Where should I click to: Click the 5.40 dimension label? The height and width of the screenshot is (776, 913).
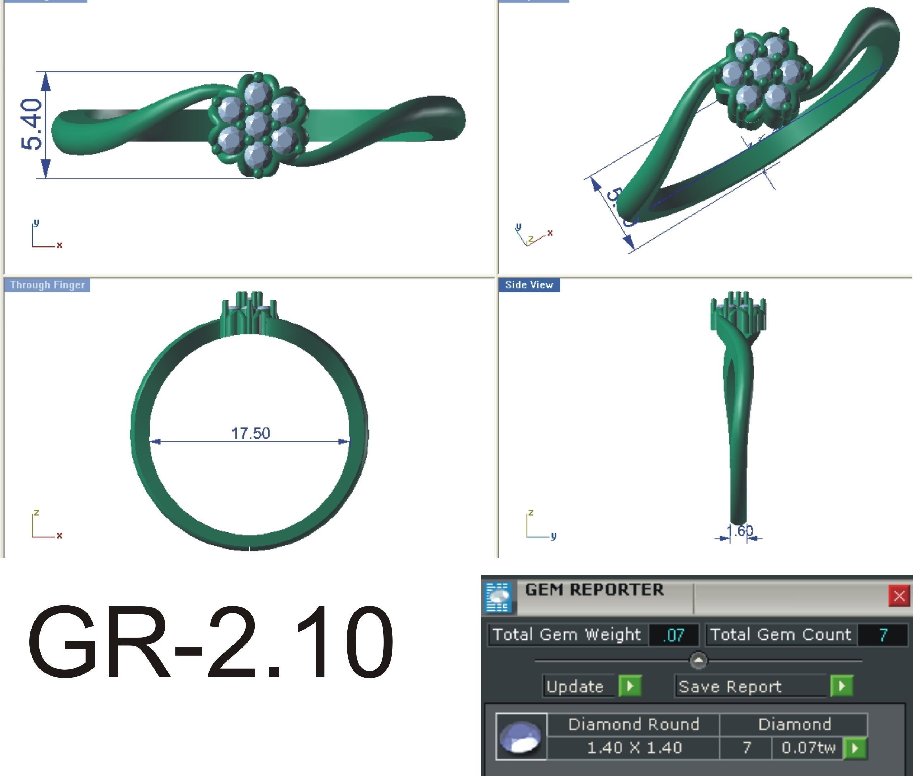(x=32, y=124)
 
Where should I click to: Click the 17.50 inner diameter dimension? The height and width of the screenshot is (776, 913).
(x=250, y=433)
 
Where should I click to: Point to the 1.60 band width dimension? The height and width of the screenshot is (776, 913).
(x=739, y=531)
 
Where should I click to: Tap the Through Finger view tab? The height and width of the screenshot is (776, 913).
(x=47, y=285)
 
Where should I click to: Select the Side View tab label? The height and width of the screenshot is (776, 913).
(x=529, y=285)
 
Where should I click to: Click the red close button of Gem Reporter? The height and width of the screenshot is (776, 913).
(x=899, y=596)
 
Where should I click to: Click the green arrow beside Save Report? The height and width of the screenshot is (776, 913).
(x=842, y=686)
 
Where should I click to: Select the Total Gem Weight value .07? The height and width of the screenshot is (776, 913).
(x=674, y=635)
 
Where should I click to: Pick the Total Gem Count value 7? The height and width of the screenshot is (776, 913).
(x=883, y=635)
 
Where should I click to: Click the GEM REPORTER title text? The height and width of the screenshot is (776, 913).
(x=594, y=590)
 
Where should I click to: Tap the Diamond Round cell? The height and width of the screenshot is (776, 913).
(x=633, y=724)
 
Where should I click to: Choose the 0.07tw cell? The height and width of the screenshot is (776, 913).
(x=808, y=747)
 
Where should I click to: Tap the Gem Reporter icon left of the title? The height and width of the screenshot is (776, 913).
(x=498, y=597)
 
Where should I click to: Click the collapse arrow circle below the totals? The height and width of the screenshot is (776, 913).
(x=698, y=660)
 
